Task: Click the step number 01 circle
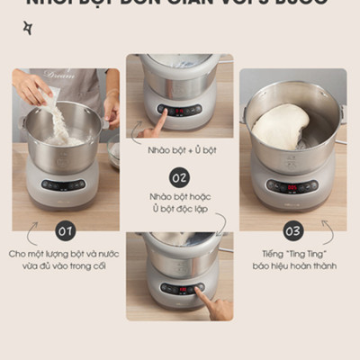click(x=66, y=231)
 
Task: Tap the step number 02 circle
click(x=179, y=176)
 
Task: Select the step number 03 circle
click(x=293, y=231)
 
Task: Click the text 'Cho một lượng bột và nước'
click(x=66, y=255)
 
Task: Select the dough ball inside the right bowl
click(x=280, y=126)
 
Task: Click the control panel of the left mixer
click(x=64, y=184)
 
